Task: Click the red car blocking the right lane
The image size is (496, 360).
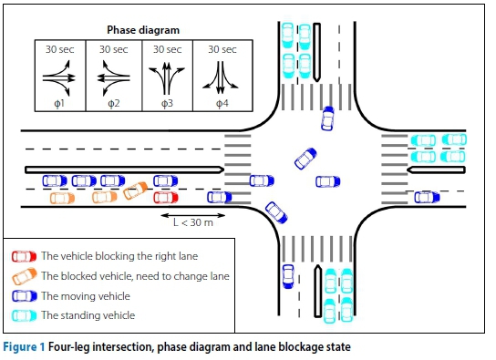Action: [x=166, y=198]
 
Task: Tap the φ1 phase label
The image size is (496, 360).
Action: [x=59, y=103]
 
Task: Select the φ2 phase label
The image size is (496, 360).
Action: [x=114, y=103]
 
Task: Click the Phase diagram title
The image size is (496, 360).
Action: [x=143, y=30]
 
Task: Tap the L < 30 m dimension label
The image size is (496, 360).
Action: [x=193, y=222]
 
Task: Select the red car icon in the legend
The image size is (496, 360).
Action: [x=24, y=256]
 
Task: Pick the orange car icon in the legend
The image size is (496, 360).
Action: [x=25, y=276]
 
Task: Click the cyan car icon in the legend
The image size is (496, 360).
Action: [x=24, y=315]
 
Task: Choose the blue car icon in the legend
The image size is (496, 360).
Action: [x=24, y=296]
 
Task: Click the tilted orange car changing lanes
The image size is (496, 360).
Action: [x=135, y=190]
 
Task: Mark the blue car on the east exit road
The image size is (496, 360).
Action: [x=427, y=197]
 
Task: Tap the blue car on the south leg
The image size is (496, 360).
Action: [x=288, y=276]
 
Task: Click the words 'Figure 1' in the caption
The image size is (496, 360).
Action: [x=24, y=346]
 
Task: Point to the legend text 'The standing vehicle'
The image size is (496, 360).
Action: [x=88, y=315]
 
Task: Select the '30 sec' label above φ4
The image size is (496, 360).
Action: [x=222, y=49]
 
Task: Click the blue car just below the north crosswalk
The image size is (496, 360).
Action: [x=327, y=118]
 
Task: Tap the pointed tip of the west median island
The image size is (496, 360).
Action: [x=223, y=170]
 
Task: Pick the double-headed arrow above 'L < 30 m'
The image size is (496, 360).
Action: [x=193, y=216]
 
